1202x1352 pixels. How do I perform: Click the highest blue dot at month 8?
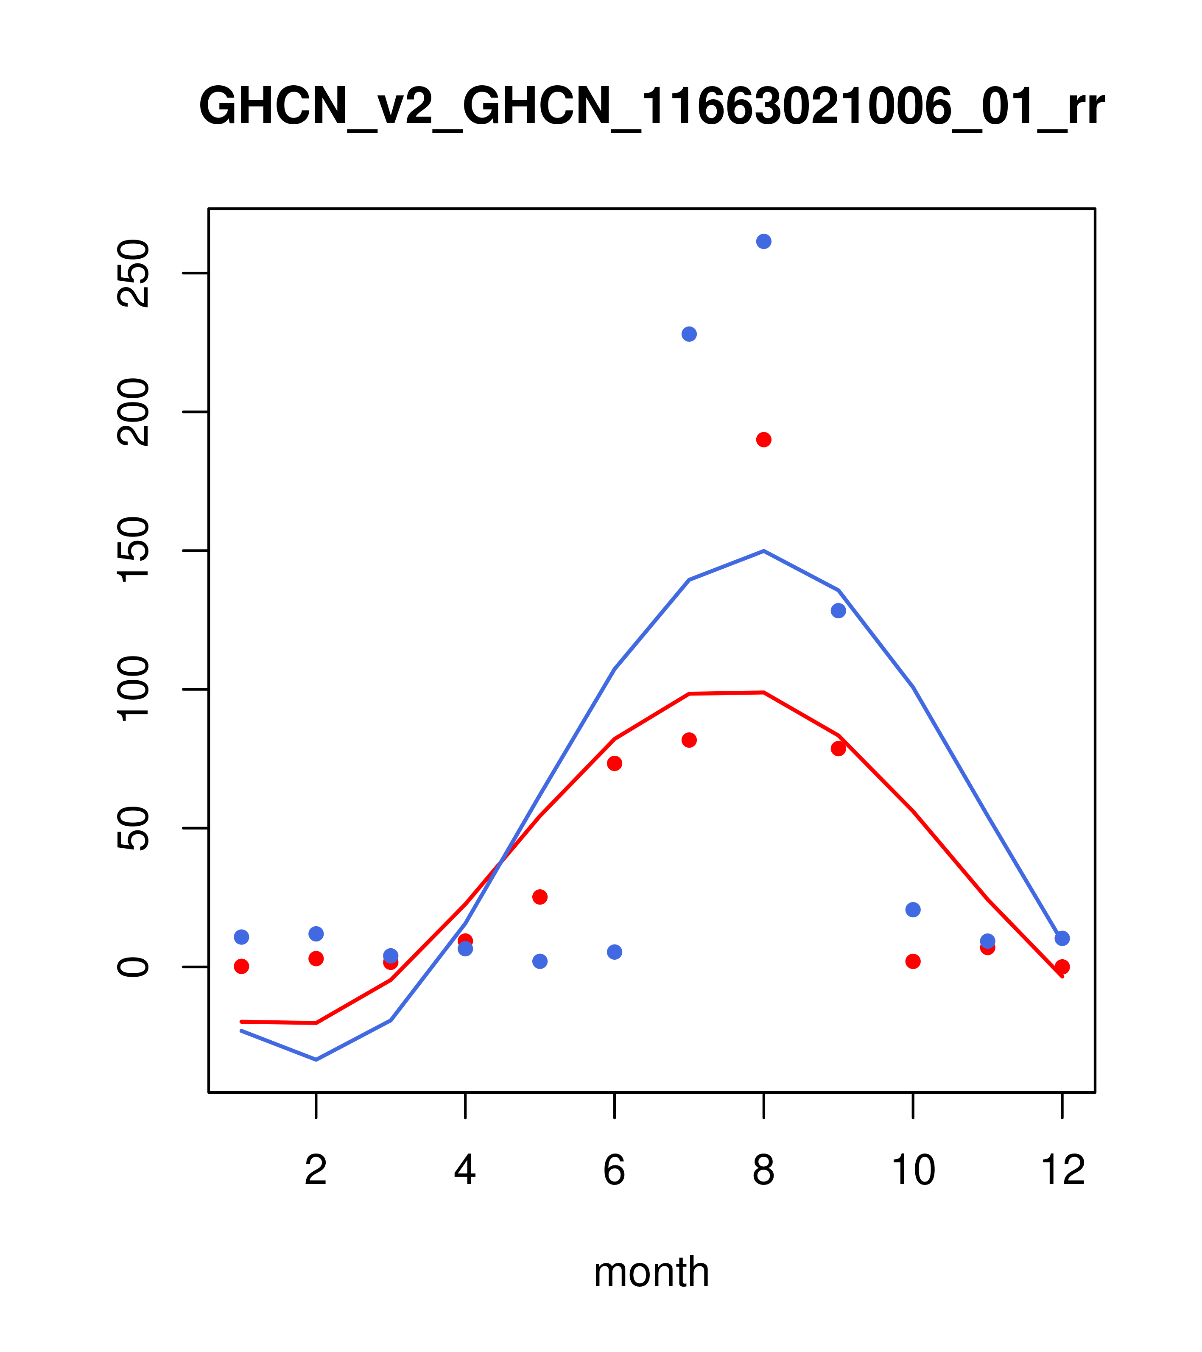[763, 241]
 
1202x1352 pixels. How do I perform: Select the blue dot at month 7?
[689, 334]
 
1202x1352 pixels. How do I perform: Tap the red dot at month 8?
[763, 440]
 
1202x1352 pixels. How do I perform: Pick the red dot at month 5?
[540, 897]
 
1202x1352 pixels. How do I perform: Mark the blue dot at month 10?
[913, 910]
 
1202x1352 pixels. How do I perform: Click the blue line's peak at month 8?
[763, 551]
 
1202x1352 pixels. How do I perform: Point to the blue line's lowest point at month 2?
[316, 1060]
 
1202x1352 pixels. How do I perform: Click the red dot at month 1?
[241, 967]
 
